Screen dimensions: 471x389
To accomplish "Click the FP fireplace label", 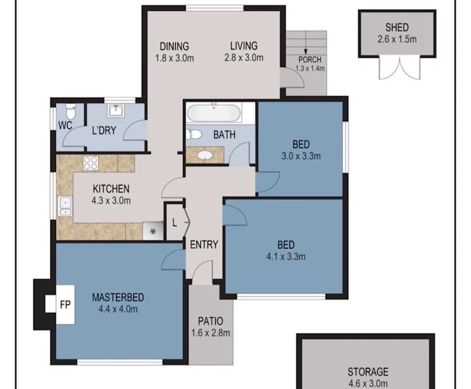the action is (x=65, y=305).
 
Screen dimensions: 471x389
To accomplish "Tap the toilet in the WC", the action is (x=71, y=111).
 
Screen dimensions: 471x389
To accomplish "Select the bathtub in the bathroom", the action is (x=214, y=113).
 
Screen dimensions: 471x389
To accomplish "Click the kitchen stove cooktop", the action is (x=90, y=163).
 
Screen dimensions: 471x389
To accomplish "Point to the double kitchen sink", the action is (x=65, y=206).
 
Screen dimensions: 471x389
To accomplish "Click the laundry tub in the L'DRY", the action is (x=115, y=110).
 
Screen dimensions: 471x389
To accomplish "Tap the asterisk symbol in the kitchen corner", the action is (x=153, y=231).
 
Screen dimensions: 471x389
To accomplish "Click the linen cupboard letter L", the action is (x=175, y=223).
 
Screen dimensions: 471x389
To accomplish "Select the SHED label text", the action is (x=397, y=28).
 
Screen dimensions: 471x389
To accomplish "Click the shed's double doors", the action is (x=399, y=68).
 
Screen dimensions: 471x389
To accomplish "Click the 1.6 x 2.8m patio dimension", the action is (x=211, y=333).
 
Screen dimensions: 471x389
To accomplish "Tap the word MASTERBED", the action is (x=118, y=297).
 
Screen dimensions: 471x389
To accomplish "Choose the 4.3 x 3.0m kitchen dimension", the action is (x=111, y=200).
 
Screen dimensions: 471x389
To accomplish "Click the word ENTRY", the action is (x=204, y=245).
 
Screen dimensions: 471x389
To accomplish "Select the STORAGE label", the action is (x=368, y=372).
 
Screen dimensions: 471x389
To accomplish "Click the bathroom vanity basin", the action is (x=205, y=155).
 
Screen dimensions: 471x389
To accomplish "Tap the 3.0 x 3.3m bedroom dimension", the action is (x=301, y=156).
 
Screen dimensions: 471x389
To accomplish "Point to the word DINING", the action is (x=174, y=46).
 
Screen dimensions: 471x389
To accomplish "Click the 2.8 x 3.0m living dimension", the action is (x=244, y=57).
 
